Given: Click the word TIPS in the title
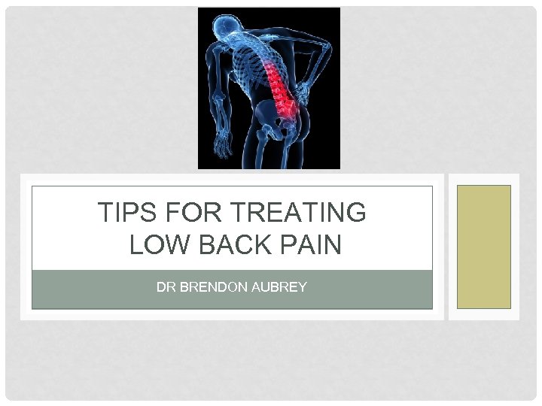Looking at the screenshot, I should point(120,214).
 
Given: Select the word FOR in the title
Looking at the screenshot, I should point(181,214).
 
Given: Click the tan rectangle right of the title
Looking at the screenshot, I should point(484,247).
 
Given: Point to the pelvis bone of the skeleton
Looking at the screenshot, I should point(275,120).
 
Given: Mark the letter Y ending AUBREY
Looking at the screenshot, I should point(303,287).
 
